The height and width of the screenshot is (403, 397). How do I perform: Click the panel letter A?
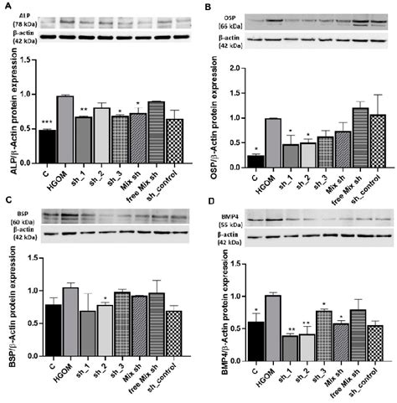point(7,7)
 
